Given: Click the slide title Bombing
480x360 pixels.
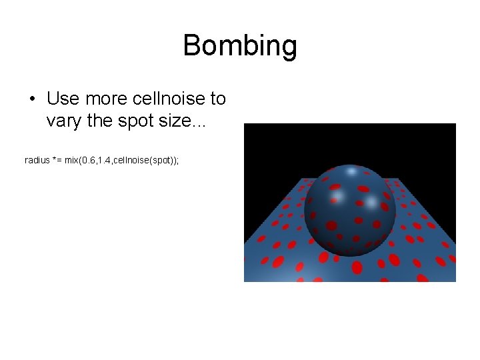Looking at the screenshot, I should tap(240, 46).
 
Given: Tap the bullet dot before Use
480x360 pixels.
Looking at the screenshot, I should tap(32, 99).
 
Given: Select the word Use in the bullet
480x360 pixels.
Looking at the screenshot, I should tap(62, 99).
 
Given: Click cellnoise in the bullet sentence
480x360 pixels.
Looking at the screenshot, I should tap(168, 99).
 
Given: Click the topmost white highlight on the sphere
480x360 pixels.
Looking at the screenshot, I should tap(351, 172).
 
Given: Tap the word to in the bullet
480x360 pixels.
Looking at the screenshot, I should tap(218, 99).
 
